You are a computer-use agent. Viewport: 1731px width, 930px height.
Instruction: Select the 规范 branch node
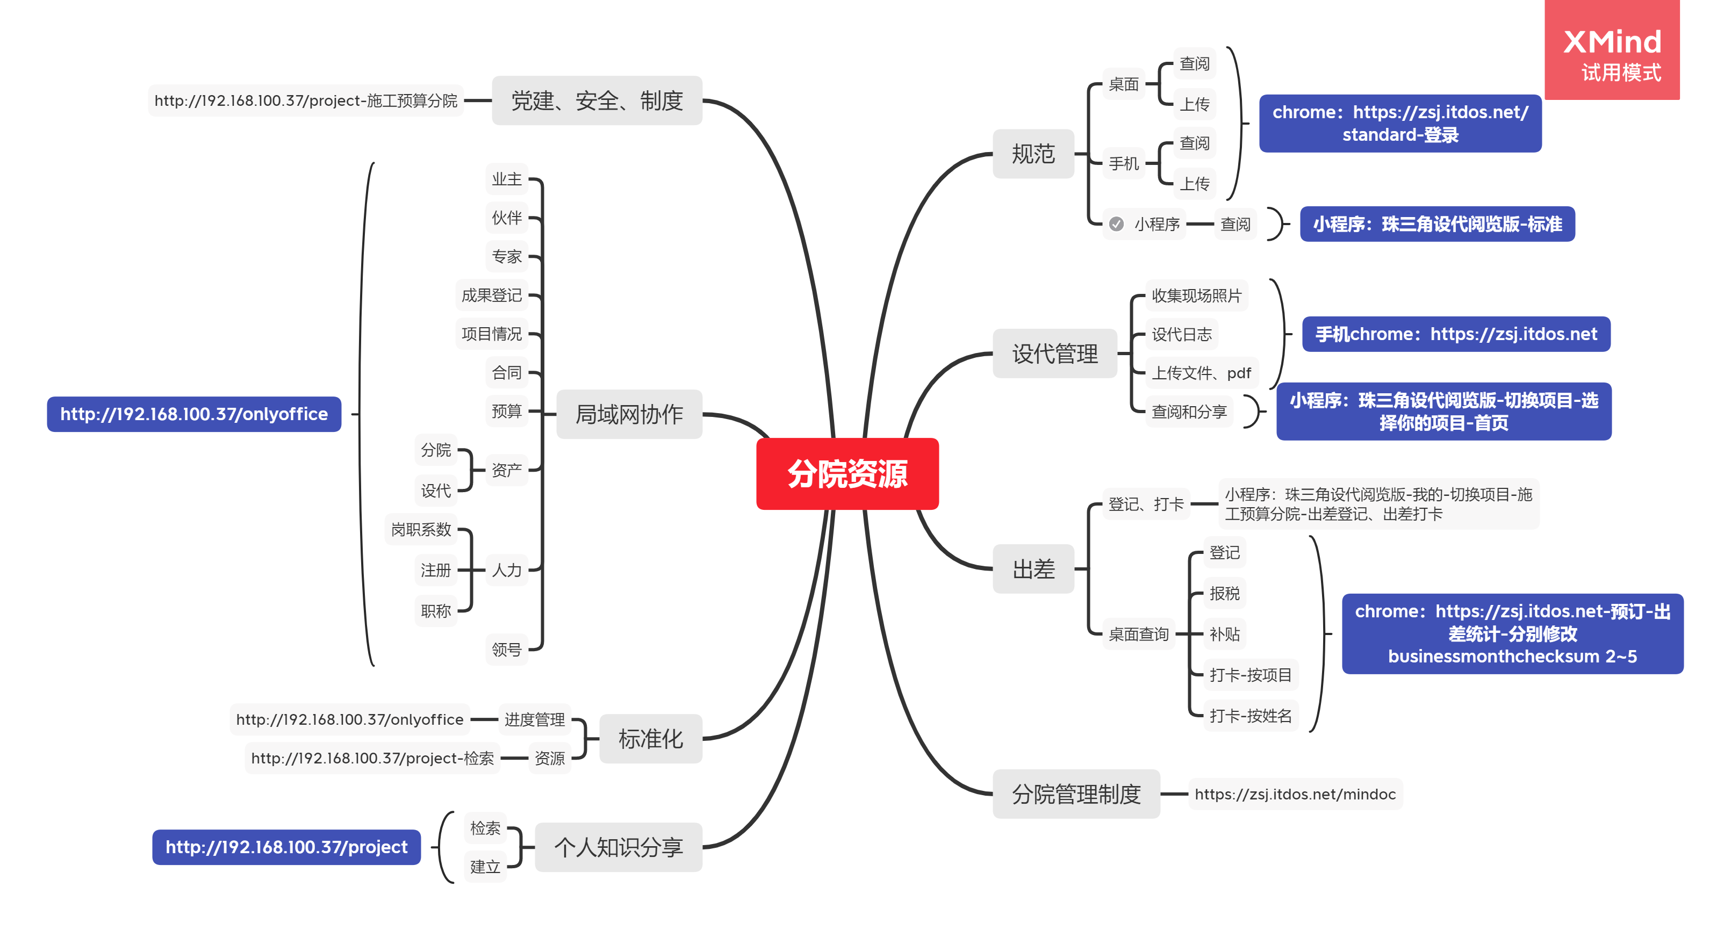(x=1033, y=154)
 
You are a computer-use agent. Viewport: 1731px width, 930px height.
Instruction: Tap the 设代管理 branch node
(x=1054, y=354)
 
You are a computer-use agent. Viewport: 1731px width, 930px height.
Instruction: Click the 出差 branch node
(x=1033, y=569)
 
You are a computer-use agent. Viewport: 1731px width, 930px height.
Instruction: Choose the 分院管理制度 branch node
(x=1076, y=794)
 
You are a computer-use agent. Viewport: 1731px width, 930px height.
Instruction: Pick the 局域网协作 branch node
(x=629, y=414)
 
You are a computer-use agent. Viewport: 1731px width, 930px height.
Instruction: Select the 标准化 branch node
(x=650, y=739)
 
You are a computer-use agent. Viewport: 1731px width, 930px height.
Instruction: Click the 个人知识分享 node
(x=618, y=847)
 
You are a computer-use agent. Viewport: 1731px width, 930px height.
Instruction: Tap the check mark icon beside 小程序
(x=1116, y=224)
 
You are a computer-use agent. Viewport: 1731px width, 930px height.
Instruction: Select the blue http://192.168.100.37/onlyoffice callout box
(x=193, y=414)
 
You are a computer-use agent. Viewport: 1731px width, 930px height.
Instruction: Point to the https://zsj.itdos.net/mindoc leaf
(x=1294, y=794)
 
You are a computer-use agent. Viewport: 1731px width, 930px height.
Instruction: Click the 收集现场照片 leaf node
(x=1196, y=295)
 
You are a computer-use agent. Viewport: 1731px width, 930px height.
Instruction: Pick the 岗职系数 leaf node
(x=421, y=530)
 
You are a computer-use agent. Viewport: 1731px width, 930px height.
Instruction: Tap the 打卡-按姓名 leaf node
(x=1250, y=716)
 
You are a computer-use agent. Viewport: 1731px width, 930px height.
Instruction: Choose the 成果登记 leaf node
(x=491, y=295)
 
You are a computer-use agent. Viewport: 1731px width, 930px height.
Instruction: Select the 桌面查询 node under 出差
(x=1138, y=633)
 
